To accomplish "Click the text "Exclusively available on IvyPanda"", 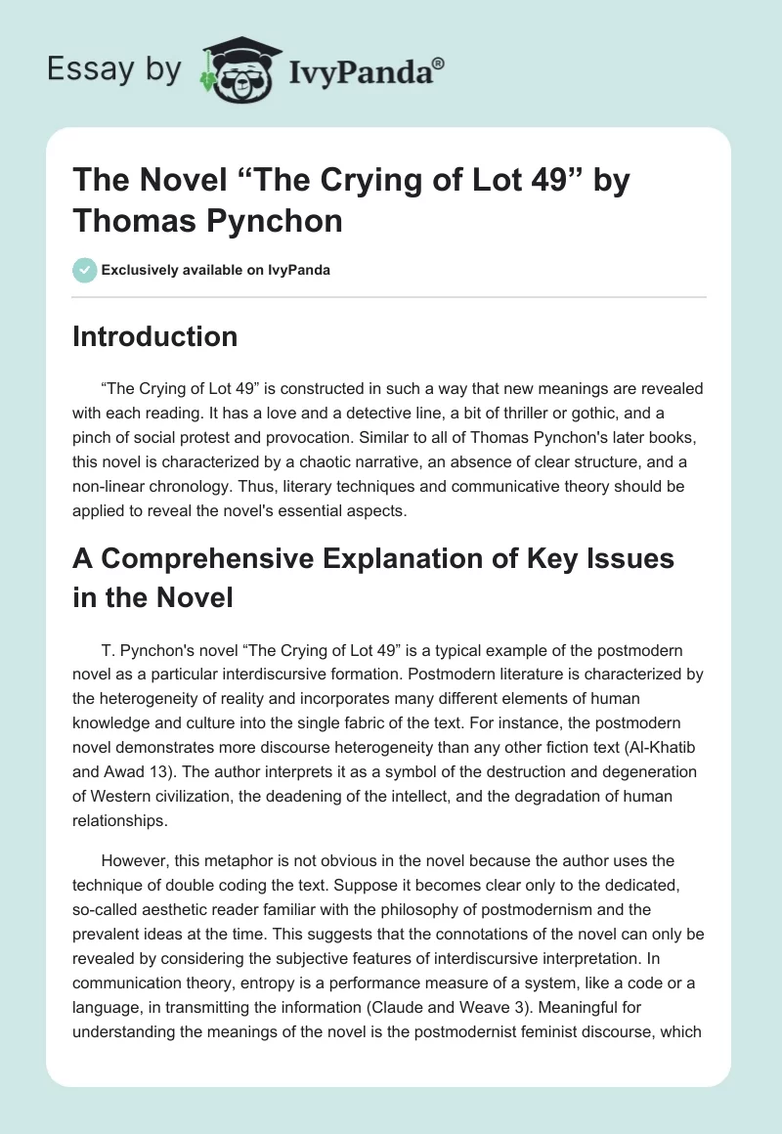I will pyautogui.click(x=214, y=270).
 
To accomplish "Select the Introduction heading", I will pyautogui.click(x=154, y=336).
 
